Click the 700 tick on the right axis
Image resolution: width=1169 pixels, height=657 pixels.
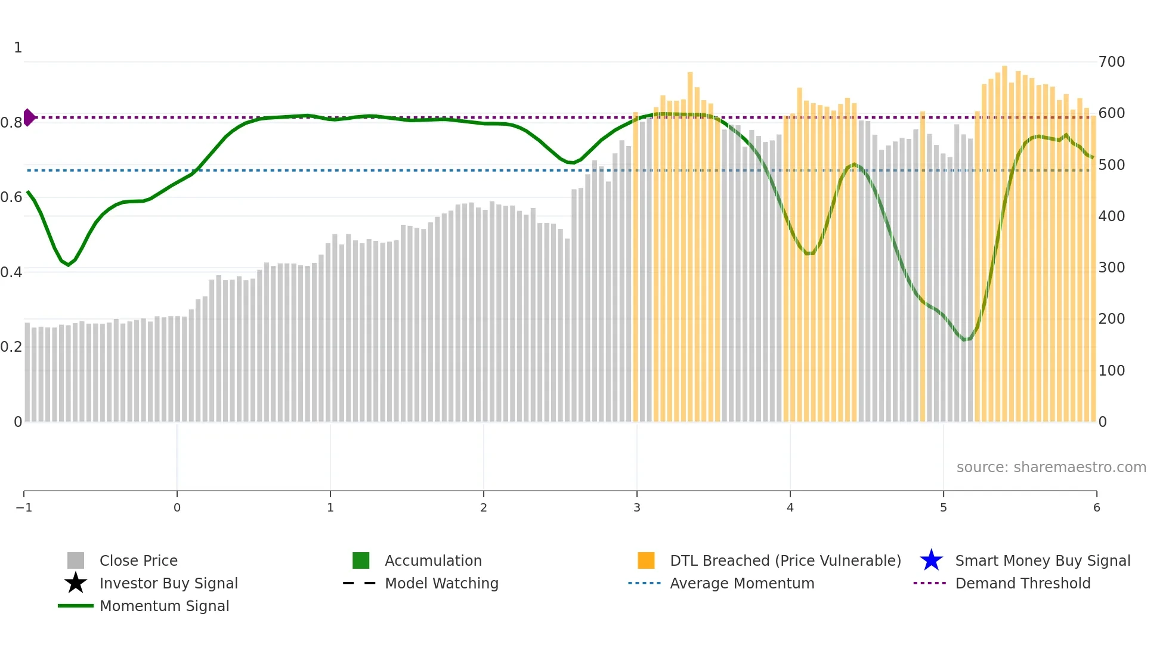(x=1111, y=62)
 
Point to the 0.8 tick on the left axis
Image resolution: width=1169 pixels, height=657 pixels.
(x=11, y=123)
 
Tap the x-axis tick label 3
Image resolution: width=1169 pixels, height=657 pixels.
(x=637, y=508)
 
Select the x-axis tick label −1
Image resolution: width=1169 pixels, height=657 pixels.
(x=24, y=508)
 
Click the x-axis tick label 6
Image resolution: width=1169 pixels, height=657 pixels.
(x=1096, y=508)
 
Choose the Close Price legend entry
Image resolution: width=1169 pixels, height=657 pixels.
(x=138, y=561)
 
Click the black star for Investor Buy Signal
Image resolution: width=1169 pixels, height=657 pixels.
(x=76, y=584)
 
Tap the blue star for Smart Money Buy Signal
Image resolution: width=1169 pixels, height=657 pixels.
(x=931, y=561)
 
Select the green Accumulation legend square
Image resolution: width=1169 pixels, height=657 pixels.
(x=361, y=561)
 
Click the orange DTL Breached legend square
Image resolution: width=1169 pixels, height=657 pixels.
(x=646, y=561)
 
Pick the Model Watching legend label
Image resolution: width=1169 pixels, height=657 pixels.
(x=441, y=584)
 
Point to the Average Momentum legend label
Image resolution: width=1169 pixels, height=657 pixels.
(x=742, y=584)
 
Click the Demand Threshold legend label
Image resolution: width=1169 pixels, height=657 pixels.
(x=1022, y=584)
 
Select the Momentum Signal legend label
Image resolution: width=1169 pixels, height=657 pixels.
(x=164, y=606)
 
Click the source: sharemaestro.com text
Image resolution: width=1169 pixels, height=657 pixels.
(x=1051, y=467)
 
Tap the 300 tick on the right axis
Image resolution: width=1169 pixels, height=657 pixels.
(x=1111, y=268)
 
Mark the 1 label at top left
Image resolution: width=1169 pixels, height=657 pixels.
(x=18, y=48)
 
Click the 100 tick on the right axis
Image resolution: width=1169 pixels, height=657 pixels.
(x=1111, y=371)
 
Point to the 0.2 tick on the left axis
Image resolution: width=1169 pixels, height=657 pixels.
(x=11, y=347)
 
